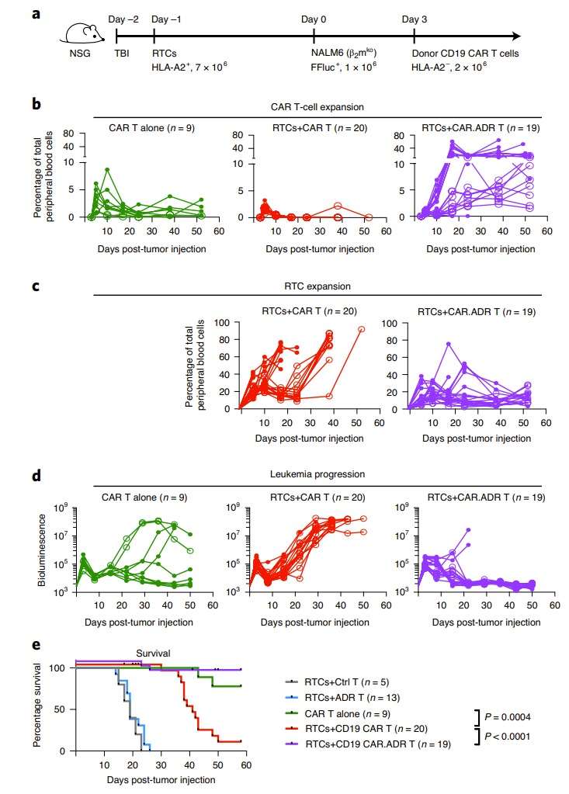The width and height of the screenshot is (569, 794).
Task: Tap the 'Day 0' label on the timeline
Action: point(314,18)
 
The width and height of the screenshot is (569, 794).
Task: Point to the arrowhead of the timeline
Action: point(513,36)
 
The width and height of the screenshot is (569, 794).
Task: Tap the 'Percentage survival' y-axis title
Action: point(38,709)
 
